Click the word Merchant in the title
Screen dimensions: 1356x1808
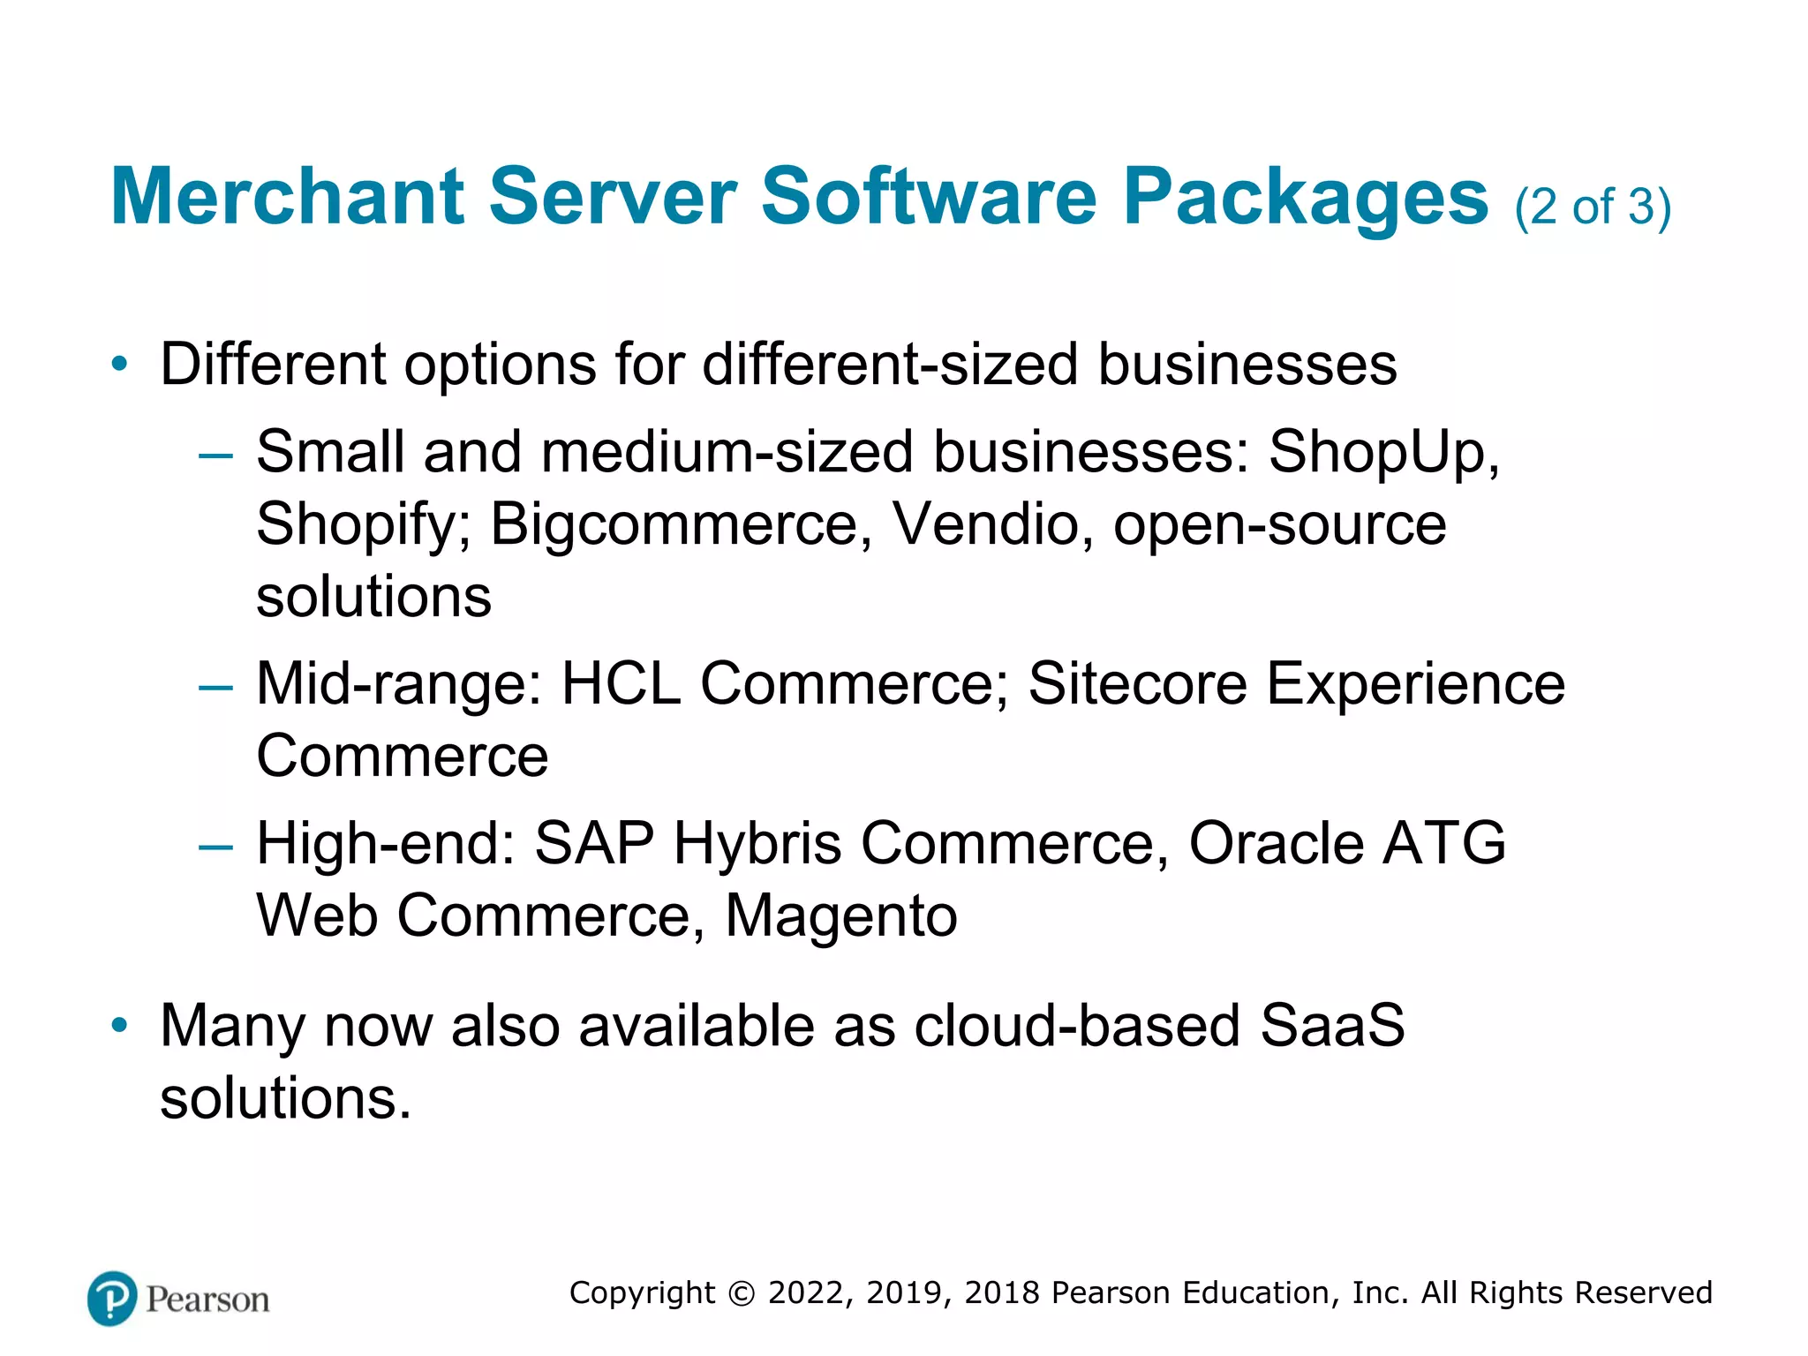pyautogui.click(x=287, y=196)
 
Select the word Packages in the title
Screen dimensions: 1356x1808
pyautogui.click(x=1305, y=198)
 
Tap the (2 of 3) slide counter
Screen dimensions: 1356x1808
pyautogui.click(x=1593, y=207)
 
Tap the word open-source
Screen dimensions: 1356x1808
pyautogui.click(x=1279, y=525)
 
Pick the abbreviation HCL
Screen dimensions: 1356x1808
pyautogui.click(x=621, y=684)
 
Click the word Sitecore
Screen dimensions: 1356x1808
pyautogui.click(x=1138, y=684)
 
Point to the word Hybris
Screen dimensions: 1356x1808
pyautogui.click(x=757, y=844)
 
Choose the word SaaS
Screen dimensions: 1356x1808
pyautogui.click(x=1332, y=1026)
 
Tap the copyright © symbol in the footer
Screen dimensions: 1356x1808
pyautogui.click(x=742, y=1293)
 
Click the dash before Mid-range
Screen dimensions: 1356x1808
pyautogui.click(x=216, y=687)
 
